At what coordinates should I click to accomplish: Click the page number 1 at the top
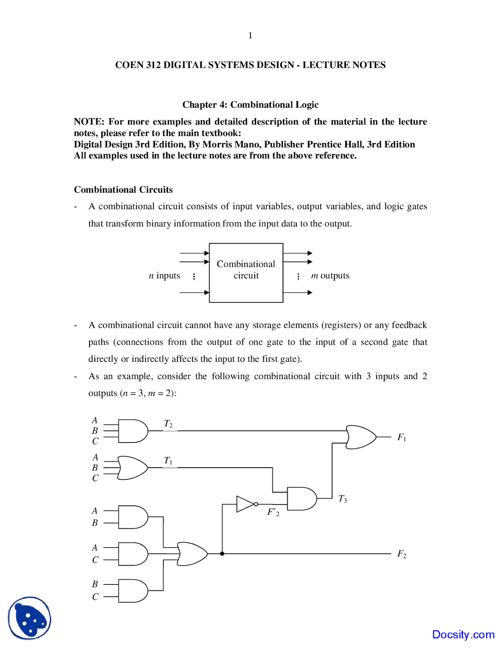tap(250, 36)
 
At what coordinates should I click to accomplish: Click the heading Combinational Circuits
tap(123, 190)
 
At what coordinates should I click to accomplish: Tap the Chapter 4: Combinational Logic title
tap(250, 105)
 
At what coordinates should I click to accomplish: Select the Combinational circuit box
tap(246, 273)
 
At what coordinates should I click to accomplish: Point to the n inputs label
tap(164, 276)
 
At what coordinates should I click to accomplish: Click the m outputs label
tap(330, 276)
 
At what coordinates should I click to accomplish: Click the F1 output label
tap(401, 437)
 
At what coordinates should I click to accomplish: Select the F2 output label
tap(401, 554)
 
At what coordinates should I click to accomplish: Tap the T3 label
tap(343, 499)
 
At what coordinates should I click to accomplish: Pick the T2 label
tap(168, 424)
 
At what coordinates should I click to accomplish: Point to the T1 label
tap(168, 461)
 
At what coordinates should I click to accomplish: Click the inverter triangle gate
tap(245, 504)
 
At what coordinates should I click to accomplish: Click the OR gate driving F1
tap(360, 437)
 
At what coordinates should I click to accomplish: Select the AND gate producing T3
tap(302, 499)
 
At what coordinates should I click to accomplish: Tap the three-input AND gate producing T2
tap(133, 431)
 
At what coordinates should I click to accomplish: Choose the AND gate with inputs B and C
tap(133, 591)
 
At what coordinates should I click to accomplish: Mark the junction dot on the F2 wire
tap(222, 554)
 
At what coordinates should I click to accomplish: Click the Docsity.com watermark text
tap(463, 634)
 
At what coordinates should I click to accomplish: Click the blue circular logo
tap(30, 618)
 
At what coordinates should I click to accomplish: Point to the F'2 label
tap(273, 512)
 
